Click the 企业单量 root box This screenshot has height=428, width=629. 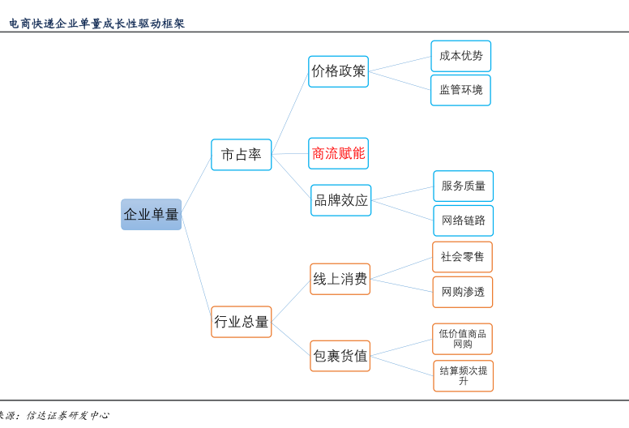tap(152, 214)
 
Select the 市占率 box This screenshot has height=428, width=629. tap(241, 155)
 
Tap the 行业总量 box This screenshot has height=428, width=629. tap(241, 322)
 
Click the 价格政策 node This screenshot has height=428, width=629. tap(338, 71)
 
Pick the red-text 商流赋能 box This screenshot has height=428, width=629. tap(338, 153)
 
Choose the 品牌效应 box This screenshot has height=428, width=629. tap(341, 200)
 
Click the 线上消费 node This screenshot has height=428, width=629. tap(340, 279)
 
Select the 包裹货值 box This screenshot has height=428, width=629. tap(340, 356)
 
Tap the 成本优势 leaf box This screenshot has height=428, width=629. tap(461, 56)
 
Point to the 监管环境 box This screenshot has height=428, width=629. tap(460, 90)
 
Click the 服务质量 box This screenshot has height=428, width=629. tap(464, 186)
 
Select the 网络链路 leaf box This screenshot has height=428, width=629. tap(464, 220)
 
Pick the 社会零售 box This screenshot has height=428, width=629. tap(462, 257)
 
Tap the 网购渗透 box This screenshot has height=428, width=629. tap(463, 292)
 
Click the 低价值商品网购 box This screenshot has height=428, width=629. tap(462, 339)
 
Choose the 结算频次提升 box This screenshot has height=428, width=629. tap(464, 376)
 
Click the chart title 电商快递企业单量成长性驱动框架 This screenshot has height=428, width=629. tap(96, 24)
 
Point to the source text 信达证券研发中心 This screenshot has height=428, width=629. tap(68, 415)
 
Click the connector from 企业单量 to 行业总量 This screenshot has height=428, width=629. tap(196, 268)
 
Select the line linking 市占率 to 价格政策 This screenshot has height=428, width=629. tap(290, 113)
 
